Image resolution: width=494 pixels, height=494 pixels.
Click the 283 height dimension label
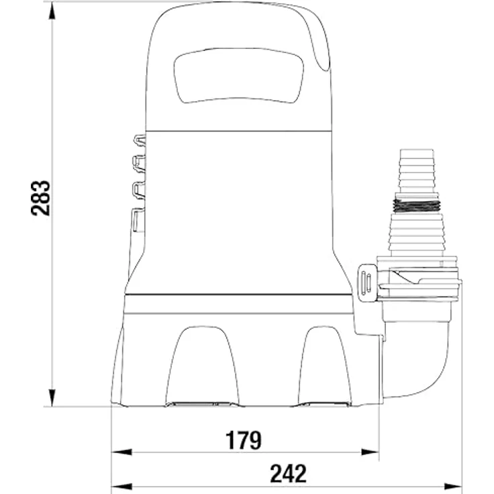click(41, 198)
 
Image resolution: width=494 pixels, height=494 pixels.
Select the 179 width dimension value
click(244, 440)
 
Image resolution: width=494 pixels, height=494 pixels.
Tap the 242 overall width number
click(288, 473)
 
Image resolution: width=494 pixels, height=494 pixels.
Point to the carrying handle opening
click(239, 76)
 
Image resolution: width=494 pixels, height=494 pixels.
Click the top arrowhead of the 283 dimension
click(52, 11)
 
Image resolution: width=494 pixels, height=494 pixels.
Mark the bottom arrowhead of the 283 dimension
click(52, 397)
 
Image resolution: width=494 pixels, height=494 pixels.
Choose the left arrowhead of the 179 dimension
click(121, 452)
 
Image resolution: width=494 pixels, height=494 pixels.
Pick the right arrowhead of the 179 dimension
click(370, 452)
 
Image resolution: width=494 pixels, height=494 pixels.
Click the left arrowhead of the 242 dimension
click(121, 486)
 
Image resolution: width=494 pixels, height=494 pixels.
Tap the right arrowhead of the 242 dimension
click(453, 486)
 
